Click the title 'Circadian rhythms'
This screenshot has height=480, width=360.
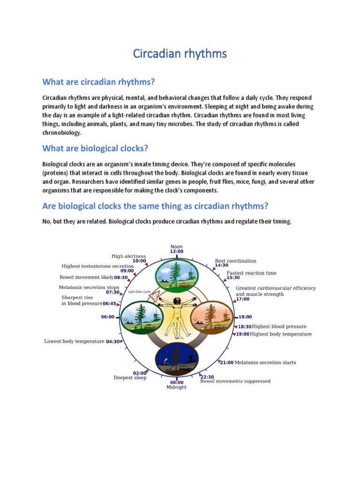point(180,54)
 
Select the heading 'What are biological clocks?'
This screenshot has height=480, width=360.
point(95,149)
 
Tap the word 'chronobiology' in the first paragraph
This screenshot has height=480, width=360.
point(61,132)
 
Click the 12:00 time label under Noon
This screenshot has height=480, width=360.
point(177,252)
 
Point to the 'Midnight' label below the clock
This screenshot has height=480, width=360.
point(176,388)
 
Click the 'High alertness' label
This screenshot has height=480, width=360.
point(129,256)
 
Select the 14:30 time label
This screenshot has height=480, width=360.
point(222,265)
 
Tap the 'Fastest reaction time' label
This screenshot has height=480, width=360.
point(252,273)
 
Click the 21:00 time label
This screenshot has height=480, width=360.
point(227,362)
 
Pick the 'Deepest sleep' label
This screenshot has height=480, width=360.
point(130,377)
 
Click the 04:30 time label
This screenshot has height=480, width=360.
point(113,342)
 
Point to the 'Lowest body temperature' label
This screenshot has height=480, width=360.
point(74,341)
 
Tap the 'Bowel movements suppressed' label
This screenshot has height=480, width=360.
point(235,381)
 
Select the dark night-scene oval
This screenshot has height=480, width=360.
point(177,360)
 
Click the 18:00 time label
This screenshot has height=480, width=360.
point(245,317)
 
